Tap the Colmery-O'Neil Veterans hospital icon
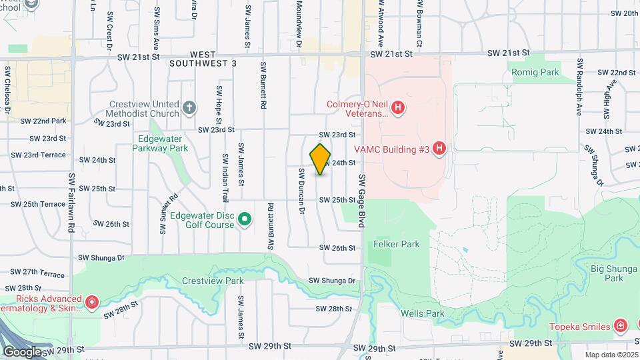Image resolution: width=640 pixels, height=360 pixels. (x=398, y=107)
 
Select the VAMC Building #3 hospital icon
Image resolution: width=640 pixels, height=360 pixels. (x=439, y=149)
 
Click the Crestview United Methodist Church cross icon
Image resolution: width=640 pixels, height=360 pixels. (x=189, y=107)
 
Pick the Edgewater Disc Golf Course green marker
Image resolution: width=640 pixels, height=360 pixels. (x=245, y=219)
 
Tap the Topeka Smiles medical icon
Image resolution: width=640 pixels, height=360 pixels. (x=620, y=326)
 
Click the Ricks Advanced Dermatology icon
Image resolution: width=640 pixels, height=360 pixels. (x=92, y=304)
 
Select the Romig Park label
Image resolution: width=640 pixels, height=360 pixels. (x=535, y=72)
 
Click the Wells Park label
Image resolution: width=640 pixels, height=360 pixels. (x=423, y=313)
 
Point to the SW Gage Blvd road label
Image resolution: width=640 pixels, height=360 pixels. (x=363, y=201)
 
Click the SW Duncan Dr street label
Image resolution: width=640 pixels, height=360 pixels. (x=302, y=191)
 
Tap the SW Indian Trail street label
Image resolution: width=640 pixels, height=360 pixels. (x=225, y=177)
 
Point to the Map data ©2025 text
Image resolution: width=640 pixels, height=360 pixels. (x=611, y=355)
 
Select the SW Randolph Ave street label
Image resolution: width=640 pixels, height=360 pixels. (x=580, y=87)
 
